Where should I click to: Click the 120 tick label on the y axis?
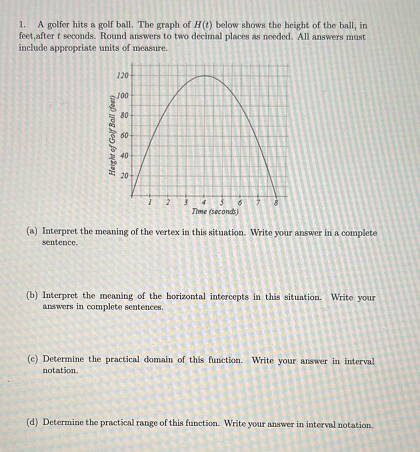click(x=122, y=76)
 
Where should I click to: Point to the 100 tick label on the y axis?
click(x=122, y=95)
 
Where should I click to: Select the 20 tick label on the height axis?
click(x=124, y=176)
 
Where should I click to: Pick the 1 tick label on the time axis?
click(x=150, y=202)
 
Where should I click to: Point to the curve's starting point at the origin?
click(x=133, y=195)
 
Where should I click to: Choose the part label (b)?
click(x=33, y=297)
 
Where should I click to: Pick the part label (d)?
click(x=33, y=424)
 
